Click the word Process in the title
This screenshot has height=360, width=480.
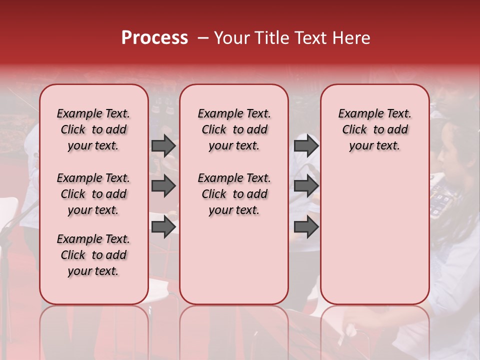point(154,38)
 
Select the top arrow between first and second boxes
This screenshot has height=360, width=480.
point(163,145)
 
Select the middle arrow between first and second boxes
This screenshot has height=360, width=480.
point(163,186)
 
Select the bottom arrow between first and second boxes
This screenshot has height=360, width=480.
point(163,226)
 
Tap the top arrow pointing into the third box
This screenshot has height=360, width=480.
point(306,145)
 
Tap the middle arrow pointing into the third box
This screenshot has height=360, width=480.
point(306,186)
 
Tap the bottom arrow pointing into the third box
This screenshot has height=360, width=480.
point(306,226)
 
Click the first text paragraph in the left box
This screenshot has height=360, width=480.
point(93,129)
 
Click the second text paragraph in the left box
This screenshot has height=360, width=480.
point(93,194)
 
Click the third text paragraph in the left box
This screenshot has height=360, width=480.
point(93,255)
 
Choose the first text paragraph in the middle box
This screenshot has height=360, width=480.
point(234,129)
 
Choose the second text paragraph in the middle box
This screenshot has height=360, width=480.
point(234,194)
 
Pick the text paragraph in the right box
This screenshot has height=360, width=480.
point(374,129)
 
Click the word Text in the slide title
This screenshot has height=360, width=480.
point(310,38)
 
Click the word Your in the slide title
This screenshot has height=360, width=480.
point(231,38)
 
